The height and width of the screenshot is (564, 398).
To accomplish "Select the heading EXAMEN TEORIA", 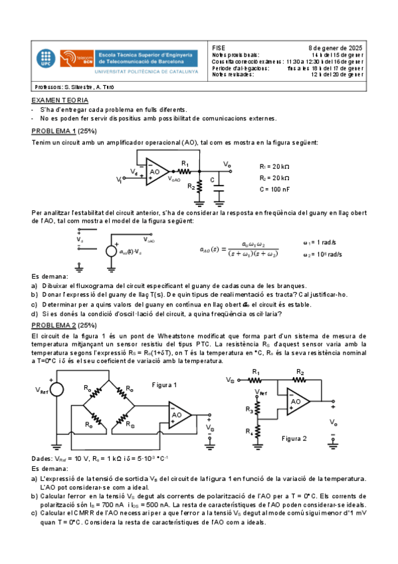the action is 59,99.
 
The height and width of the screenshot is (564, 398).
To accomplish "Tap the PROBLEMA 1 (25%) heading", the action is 62,132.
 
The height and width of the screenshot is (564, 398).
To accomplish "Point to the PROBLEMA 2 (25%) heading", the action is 62,325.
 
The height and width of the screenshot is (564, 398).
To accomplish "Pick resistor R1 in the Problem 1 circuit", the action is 185,170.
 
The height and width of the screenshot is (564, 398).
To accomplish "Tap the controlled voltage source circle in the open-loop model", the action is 112,251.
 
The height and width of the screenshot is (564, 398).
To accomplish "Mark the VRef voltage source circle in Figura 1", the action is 56,390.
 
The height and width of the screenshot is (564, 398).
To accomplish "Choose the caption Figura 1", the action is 165,384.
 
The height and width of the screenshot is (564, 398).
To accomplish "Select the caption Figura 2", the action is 294,439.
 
